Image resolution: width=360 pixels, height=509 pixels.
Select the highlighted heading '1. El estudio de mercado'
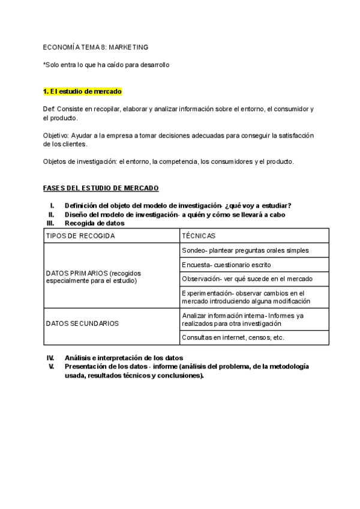[x=82, y=92]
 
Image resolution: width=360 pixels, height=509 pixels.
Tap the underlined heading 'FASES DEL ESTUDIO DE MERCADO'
[x=101, y=188]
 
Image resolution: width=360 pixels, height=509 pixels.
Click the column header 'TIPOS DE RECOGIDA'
[x=80, y=236]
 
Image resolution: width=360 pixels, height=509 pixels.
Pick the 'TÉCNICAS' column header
[x=199, y=236]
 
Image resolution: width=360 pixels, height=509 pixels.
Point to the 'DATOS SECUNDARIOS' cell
[x=82, y=323]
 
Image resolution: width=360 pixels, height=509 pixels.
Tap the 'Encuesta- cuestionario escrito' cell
[x=226, y=265]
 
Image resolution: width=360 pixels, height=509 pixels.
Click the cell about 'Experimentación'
[x=246, y=297]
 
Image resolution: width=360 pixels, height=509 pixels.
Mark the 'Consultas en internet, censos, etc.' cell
[x=233, y=337]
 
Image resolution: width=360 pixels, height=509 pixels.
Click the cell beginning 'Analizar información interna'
[x=242, y=319]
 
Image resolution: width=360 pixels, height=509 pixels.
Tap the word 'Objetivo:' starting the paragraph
[x=56, y=135]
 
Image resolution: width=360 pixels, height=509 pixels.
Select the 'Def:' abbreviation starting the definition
[x=49, y=109]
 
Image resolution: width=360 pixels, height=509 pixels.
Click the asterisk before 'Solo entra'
[x=44, y=65]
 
